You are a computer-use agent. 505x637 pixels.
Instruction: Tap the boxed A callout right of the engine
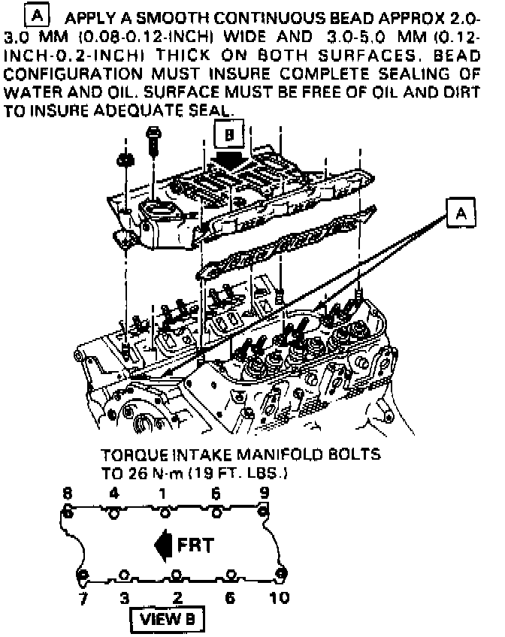tap(461, 212)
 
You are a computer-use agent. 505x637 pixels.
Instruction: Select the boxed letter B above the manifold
tap(229, 134)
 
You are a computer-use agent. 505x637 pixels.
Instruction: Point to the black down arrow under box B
tap(228, 161)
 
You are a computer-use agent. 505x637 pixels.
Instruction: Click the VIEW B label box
tap(167, 619)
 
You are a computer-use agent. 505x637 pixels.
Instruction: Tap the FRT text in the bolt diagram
tap(196, 545)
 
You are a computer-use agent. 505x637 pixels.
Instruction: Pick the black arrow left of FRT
tap(162, 545)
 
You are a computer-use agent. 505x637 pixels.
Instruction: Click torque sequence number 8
tap(68, 494)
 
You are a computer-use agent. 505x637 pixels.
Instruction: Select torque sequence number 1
tap(162, 494)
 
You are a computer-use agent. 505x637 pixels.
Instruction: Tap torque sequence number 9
tap(265, 493)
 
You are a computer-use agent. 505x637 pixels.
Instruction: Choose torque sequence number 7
tap(83, 598)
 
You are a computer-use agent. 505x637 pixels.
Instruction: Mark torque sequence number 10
tap(280, 598)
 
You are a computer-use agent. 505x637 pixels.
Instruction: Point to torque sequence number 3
tap(124, 598)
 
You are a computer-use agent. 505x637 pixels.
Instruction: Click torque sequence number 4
tap(114, 494)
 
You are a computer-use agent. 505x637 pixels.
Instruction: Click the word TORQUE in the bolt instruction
tap(134, 455)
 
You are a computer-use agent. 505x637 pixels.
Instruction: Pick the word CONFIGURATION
tap(73, 74)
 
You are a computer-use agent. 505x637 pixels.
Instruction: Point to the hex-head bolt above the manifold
tap(153, 143)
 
